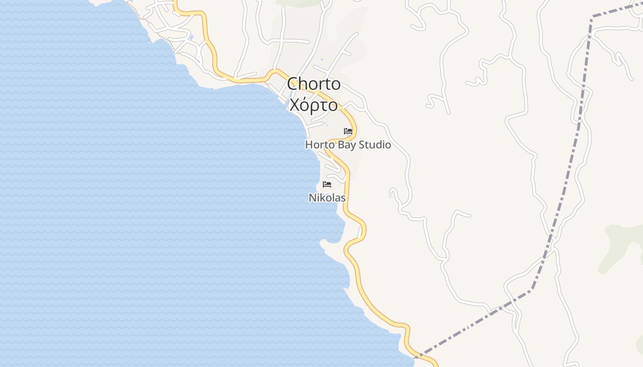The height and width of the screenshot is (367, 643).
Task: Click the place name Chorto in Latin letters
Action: coord(314,84)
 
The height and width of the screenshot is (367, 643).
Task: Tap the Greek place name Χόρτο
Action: coord(314,105)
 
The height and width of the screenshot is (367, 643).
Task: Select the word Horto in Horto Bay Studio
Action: coord(321,145)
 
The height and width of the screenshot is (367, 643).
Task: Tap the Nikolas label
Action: coord(327,198)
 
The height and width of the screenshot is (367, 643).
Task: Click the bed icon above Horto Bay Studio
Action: coord(348,131)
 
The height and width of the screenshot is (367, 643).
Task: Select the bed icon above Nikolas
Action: coord(327,184)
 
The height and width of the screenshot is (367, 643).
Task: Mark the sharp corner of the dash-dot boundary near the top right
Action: coord(592,17)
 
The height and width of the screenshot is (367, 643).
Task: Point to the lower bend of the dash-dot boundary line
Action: coord(532,289)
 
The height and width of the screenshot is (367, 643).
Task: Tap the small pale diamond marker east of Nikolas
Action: coord(390,196)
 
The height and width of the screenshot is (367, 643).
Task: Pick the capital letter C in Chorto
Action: coord(293,84)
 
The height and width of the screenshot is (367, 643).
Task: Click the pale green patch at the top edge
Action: coord(299,2)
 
